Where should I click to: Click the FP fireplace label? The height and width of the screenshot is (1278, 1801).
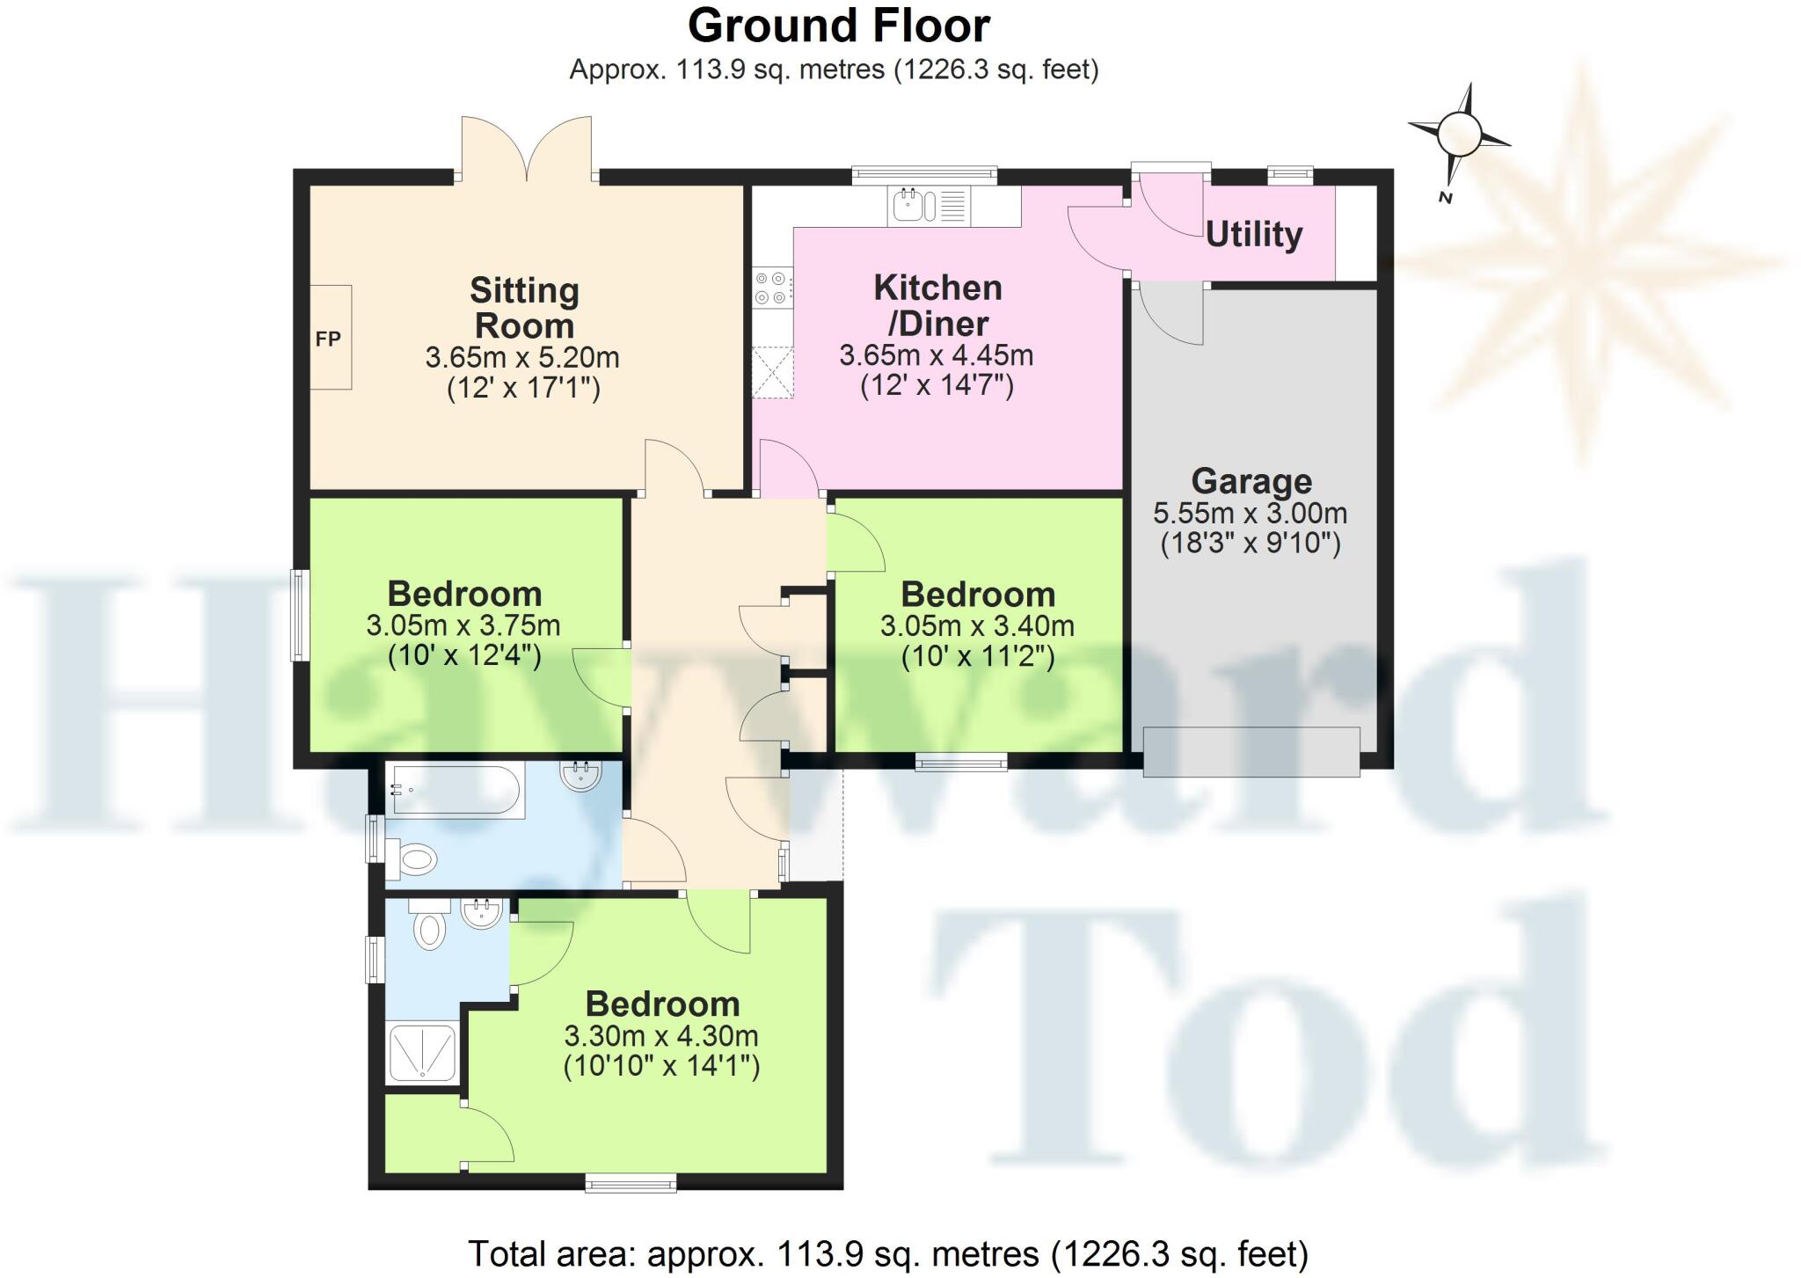(x=328, y=339)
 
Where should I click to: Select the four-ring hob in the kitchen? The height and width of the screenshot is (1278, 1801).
(x=771, y=288)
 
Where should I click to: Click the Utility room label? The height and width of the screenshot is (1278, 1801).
(x=1253, y=235)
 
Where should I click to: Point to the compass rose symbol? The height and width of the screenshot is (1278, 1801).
(x=1459, y=135)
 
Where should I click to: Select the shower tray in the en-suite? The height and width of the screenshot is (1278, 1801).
(x=423, y=1053)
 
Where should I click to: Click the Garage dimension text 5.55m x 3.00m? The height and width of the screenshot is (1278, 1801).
(x=1250, y=513)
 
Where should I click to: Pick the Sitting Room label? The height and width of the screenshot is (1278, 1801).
(x=524, y=308)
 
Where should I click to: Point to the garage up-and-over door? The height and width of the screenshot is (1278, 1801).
(x=1250, y=751)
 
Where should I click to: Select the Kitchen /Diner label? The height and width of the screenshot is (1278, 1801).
(x=937, y=305)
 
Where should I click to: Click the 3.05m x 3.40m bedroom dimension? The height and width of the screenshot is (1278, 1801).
(x=977, y=626)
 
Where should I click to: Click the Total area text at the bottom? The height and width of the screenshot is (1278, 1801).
(x=887, y=1253)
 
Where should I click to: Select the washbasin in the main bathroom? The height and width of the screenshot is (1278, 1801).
(x=580, y=776)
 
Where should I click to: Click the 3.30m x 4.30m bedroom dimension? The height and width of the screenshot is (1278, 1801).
(x=661, y=1036)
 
